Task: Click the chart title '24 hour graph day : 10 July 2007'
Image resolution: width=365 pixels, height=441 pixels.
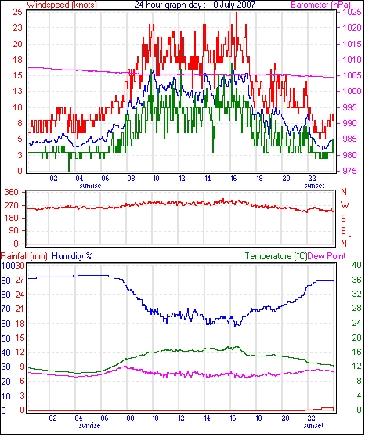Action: click(x=195, y=5)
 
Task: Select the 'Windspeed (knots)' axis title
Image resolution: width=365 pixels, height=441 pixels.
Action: click(x=62, y=5)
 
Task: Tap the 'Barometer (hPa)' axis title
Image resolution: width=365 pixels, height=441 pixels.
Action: click(x=321, y=5)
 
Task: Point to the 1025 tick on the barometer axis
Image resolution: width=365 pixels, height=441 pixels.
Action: click(x=352, y=12)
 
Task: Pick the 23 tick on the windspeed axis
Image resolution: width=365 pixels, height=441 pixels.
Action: click(x=17, y=28)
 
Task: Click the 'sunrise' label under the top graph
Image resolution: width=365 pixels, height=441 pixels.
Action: click(x=90, y=186)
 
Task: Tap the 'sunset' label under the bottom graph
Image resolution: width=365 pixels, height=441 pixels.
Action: click(x=313, y=425)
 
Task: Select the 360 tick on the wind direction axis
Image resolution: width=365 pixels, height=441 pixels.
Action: click(x=12, y=193)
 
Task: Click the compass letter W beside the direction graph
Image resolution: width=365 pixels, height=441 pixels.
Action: click(x=345, y=204)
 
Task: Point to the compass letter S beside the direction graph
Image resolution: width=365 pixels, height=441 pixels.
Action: click(x=343, y=218)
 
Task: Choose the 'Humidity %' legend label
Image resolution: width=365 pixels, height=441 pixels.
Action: click(x=72, y=256)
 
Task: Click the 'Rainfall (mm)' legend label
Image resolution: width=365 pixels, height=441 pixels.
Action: click(x=24, y=256)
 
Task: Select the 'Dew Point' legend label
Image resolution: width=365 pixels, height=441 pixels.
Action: click(x=327, y=256)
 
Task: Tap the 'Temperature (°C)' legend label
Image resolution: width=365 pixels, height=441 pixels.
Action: click(x=276, y=256)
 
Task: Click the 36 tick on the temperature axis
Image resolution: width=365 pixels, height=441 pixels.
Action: click(x=356, y=280)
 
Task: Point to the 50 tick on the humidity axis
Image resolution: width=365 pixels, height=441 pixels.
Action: click(x=6, y=338)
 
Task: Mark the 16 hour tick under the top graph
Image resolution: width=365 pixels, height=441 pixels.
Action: click(x=233, y=179)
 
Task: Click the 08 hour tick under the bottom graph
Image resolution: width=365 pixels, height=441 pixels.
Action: click(x=130, y=418)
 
